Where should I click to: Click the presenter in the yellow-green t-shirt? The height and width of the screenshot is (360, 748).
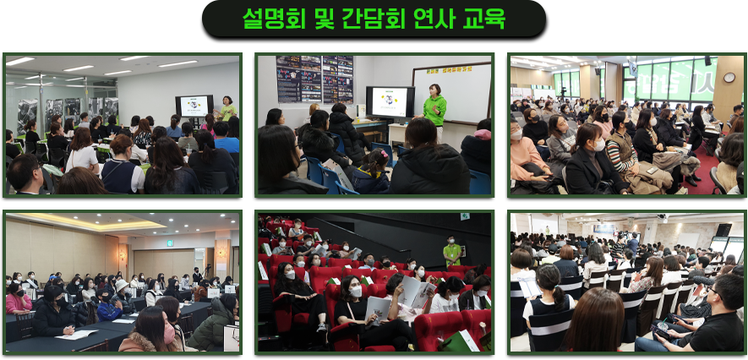(x=227, y=109)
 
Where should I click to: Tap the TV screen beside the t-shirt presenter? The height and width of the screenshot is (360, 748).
(x=194, y=106)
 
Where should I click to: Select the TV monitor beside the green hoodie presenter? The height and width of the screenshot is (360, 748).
(x=390, y=101)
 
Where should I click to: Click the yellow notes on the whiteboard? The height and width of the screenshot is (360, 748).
(x=449, y=69)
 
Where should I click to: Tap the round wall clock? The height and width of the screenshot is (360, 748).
(x=729, y=77)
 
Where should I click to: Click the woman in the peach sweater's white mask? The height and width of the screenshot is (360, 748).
(x=516, y=135)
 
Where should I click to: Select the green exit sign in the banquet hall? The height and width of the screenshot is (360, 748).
(x=169, y=243)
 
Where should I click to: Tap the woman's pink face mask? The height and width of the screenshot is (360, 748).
(x=169, y=331)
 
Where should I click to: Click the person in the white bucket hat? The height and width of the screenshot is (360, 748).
(x=121, y=292)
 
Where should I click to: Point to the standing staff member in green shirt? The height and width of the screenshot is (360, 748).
(x=451, y=251)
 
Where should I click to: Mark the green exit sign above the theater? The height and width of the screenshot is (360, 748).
(x=464, y=217)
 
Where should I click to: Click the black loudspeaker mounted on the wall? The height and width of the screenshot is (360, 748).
(x=723, y=231)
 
